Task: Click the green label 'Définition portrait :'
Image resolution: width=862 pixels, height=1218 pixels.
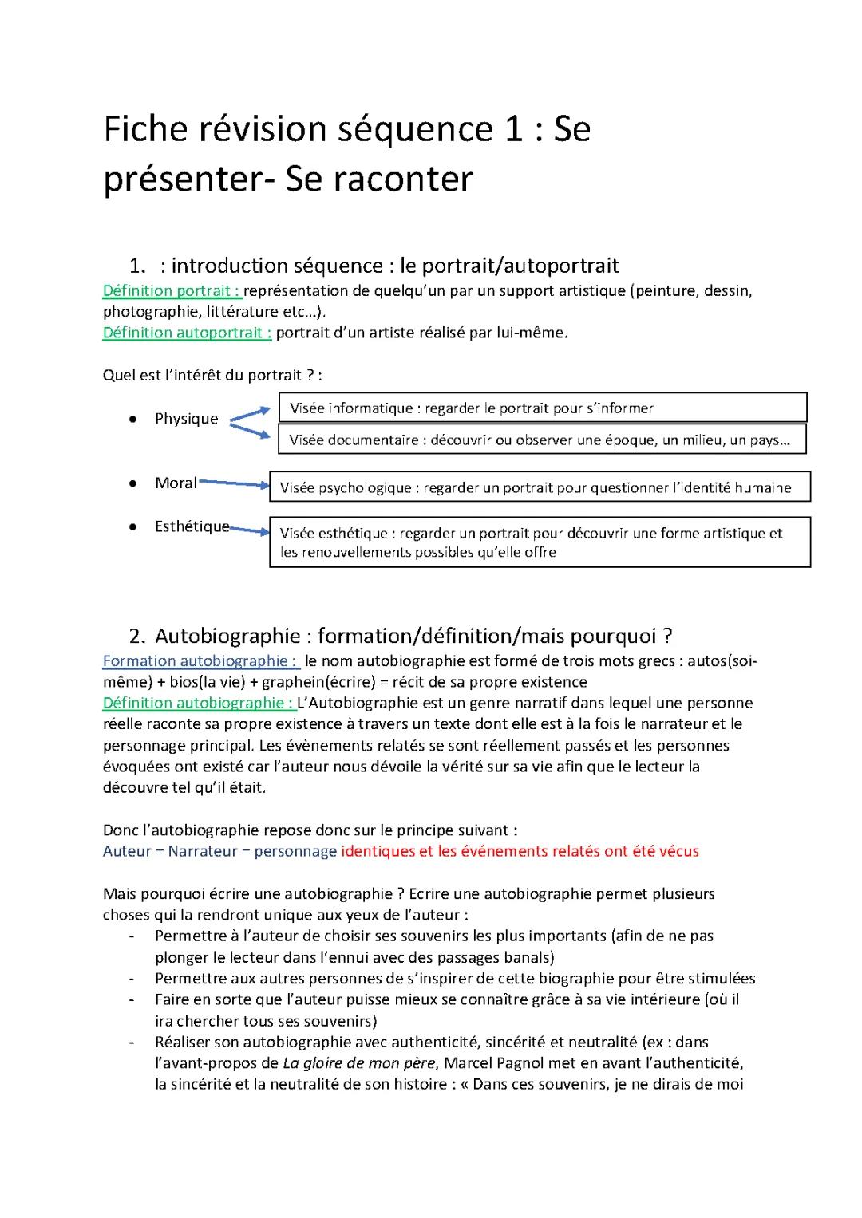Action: click(x=172, y=291)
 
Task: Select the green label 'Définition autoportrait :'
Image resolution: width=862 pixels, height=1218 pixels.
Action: click(x=187, y=333)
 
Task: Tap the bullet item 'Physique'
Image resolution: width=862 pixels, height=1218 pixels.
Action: click(x=186, y=419)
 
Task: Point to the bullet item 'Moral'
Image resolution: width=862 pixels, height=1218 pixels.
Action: click(x=176, y=483)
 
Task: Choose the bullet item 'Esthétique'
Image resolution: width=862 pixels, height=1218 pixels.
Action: click(x=192, y=526)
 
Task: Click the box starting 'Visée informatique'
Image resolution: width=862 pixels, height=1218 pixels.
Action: click(x=542, y=408)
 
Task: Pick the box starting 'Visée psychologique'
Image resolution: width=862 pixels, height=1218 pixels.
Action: click(x=540, y=487)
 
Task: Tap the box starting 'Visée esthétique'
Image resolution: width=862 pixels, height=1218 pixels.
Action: click(x=540, y=542)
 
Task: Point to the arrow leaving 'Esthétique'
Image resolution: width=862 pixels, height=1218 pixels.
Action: click(x=250, y=530)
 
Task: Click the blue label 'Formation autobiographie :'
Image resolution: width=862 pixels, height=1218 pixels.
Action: click(x=200, y=661)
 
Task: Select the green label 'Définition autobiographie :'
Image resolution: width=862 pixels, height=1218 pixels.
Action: click(x=199, y=704)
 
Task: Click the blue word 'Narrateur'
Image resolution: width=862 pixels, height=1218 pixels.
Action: click(x=203, y=851)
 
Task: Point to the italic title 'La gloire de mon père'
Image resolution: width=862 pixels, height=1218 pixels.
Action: click(x=359, y=1063)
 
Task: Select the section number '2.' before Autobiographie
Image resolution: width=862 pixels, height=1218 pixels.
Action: click(x=137, y=637)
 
